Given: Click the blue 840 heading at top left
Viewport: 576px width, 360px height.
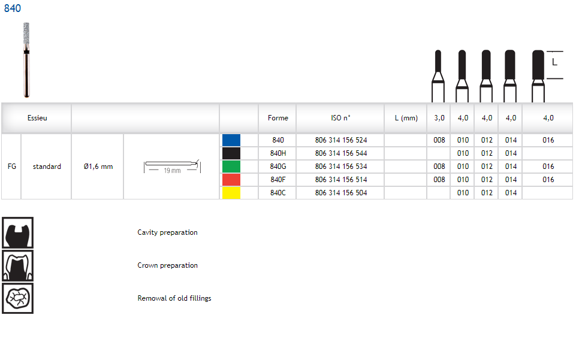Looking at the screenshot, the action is pos(13,8).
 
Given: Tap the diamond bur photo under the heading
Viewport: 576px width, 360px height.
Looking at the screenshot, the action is pos(26,60).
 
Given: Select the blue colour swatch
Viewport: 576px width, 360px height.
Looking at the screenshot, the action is pos(231,140).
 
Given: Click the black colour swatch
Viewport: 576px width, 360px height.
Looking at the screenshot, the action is pos(231,153).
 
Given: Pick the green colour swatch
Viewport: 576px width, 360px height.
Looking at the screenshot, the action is pos(231,167).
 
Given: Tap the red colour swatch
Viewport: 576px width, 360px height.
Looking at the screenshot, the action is pos(231,180).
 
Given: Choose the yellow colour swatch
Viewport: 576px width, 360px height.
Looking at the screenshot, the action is pos(231,193).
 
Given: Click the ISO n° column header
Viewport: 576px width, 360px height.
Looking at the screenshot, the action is pos(340,118).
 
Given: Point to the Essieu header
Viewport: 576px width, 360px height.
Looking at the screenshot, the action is pos(37,118).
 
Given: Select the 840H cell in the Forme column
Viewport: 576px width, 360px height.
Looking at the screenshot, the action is pos(278,153).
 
